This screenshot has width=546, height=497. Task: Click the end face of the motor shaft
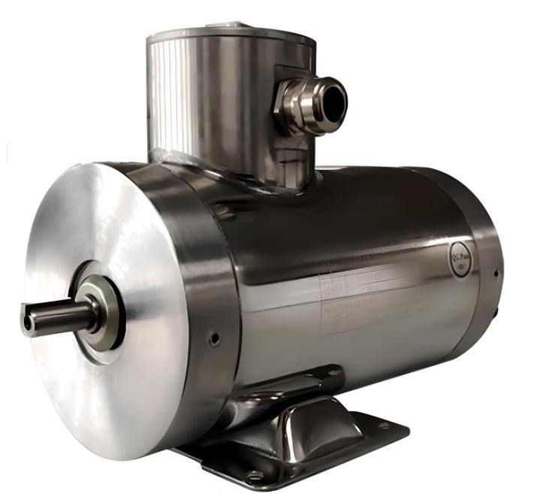(x=29, y=323)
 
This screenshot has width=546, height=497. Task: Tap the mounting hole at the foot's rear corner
(x=383, y=426)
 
